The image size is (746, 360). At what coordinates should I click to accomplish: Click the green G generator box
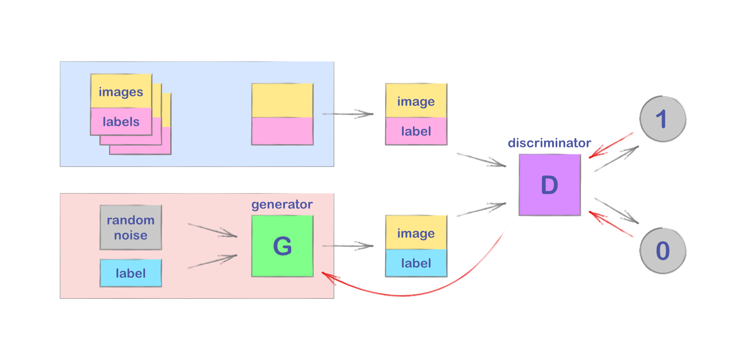tap(282, 246)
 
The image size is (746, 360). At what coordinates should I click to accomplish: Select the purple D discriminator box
tap(549, 185)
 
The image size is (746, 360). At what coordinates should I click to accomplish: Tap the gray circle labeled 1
tap(662, 119)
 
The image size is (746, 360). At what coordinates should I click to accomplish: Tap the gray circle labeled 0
tap(662, 251)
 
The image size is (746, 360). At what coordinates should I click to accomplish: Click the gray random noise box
tap(131, 227)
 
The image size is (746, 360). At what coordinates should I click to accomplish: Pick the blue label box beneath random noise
tap(131, 273)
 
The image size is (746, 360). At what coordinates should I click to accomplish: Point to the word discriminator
tap(549, 143)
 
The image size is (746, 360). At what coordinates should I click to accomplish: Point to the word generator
tap(282, 204)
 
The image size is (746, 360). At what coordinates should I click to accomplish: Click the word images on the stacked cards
tap(121, 92)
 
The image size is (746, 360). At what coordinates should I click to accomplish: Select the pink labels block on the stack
tap(121, 122)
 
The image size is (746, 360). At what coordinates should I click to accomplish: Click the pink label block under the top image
tap(416, 131)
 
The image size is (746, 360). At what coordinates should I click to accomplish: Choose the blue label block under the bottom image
tap(416, 263)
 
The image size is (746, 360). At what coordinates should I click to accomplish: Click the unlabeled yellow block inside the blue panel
tap(282, 100)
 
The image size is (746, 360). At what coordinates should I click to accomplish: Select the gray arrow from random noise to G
tap(212, 230)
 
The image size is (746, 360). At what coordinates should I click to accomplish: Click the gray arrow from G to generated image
tap(347, 246)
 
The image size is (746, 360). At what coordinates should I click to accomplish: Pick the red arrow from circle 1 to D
tap(611, 145)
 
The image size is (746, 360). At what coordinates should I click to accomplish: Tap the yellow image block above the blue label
tap(416, 232)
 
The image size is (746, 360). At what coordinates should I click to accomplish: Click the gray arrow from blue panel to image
tap(347, 114)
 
